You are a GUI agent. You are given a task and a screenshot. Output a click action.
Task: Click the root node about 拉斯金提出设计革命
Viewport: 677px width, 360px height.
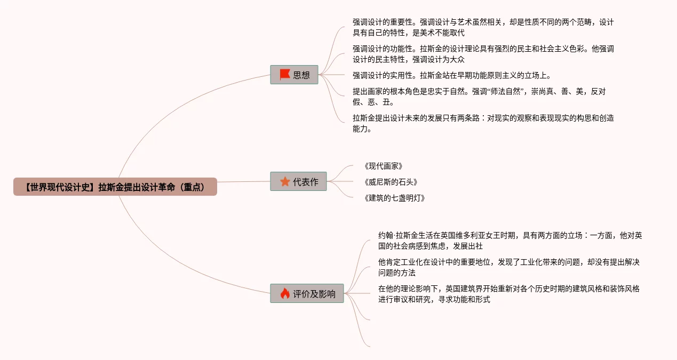coord(115,187)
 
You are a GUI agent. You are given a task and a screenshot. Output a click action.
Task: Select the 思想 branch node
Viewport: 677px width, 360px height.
coord(294,75)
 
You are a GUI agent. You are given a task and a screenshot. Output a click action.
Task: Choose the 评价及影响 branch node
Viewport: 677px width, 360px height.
coord(307,293)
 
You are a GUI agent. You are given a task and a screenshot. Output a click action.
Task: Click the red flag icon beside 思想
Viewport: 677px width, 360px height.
coord(285,75)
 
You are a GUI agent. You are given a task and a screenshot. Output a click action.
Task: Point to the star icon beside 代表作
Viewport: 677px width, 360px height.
coord(285,181)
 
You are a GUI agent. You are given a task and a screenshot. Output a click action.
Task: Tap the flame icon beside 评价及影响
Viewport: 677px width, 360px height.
coord(285,293)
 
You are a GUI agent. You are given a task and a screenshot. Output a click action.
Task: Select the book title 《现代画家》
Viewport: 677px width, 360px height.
coord(383,166)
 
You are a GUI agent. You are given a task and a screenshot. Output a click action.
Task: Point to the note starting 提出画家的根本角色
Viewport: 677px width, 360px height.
coord(479,97)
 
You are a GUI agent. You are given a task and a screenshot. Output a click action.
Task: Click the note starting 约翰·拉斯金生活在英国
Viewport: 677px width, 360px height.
coord(509,241)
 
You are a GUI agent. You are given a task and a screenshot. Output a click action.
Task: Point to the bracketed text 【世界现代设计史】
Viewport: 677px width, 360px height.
coord(60,187)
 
